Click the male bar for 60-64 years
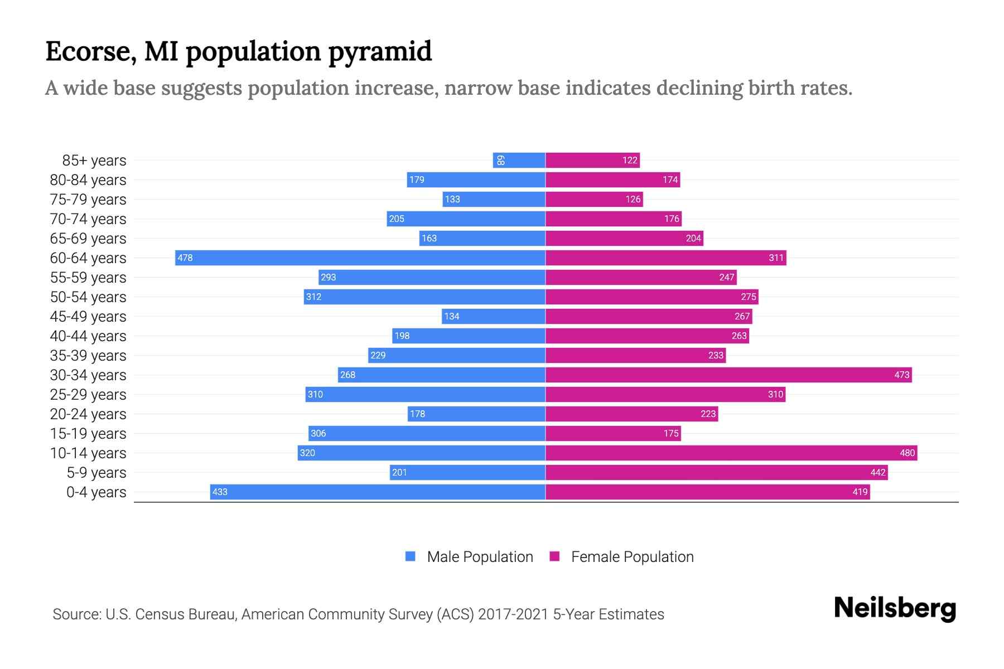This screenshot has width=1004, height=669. pos(360,258)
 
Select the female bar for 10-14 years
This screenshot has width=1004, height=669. pos(731,453)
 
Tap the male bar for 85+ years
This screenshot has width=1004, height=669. pos(519,160)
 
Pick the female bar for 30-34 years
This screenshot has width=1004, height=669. pos(728,375)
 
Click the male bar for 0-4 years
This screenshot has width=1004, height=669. pos(377,492)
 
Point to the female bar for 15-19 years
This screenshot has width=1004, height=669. pos(612,433)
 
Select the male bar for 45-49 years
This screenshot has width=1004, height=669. pos(493,316)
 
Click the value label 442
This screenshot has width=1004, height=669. pos(877,472)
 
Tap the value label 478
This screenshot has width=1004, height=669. pos(185,258)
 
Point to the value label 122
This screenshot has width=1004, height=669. pos(630,160)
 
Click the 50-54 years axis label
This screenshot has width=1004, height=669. pos(88,297)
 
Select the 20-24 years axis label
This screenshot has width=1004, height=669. pos(88,414)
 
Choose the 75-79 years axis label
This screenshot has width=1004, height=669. pos(88,199)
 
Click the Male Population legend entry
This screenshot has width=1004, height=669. pos(479,556)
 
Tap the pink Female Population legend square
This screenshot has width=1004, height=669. pos(554,556)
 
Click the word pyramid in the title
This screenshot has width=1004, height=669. pos(379,52)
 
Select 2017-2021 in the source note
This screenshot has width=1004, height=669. pos(513,614)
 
